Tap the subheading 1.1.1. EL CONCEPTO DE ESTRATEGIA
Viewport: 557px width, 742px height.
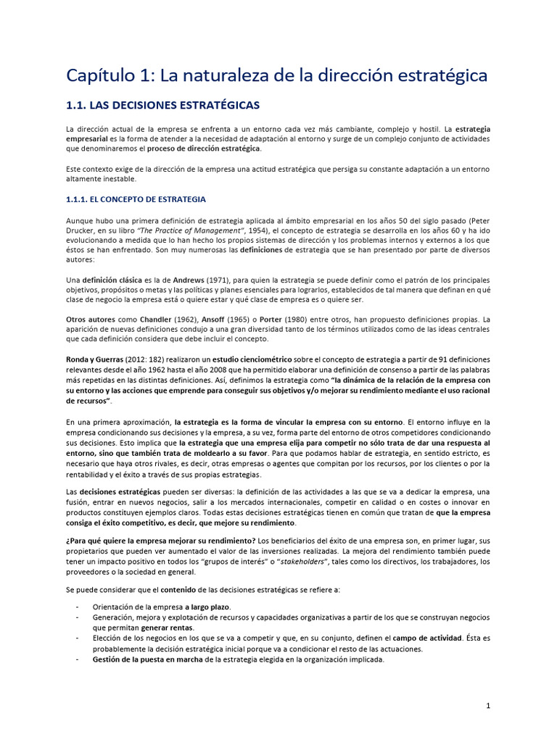(136, 199)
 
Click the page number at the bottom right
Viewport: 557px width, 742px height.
(488, 705)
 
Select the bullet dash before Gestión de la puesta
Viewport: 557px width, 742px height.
(78, 659)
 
